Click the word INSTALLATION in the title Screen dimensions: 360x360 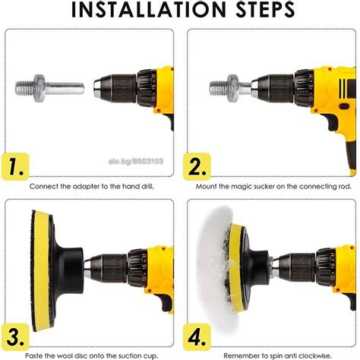[x=148, y=9]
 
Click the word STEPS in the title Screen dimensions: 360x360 [x=265, y=9]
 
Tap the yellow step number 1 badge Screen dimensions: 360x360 [x=16, y=166]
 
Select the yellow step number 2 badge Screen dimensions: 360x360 [x=197, y=166]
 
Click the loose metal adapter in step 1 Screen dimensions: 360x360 [x=49, y=88]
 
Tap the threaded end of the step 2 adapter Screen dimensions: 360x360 [x=219, y=89]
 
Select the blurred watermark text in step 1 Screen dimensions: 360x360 [x=136, y=161]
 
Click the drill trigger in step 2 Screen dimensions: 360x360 [x=332, y=123]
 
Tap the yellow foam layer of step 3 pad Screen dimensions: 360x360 [x=42, y=270]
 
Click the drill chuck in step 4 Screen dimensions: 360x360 [x=298, y=268]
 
